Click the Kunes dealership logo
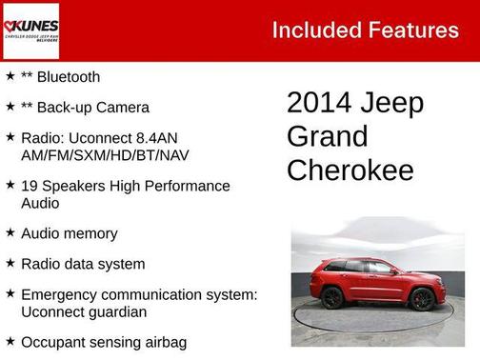tap(31, 30)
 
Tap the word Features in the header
tap(413, 30)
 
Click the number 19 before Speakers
tap(30, 186)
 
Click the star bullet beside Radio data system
tap(10, 263)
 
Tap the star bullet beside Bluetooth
tap(10, 76)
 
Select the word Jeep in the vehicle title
tap(391, 103)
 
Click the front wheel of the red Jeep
tap(423, 299)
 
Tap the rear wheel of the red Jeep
tap(332, 298)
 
